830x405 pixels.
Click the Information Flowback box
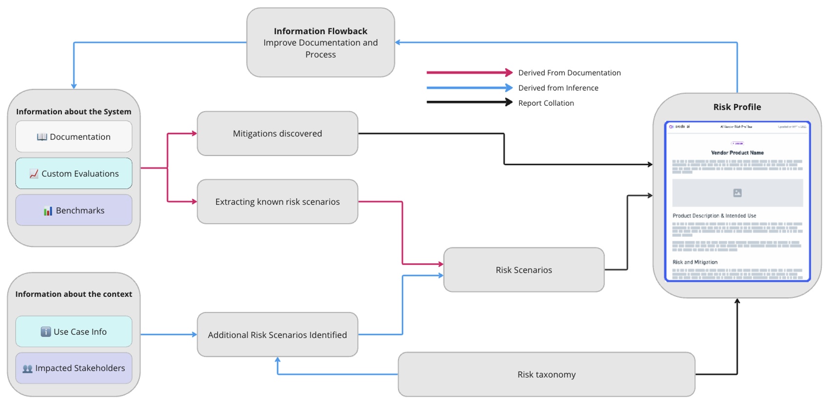(x=321, y=42)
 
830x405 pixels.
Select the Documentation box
(x=74, y=137)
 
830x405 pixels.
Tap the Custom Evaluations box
(x=74, y=174)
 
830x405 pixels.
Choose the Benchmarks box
(x=74, y=211)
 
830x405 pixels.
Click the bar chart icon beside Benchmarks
(x=48, y=211)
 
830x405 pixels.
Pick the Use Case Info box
(x=74, y=332)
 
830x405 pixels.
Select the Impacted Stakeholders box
(x=74, y=368)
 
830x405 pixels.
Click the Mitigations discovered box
(x=277, y=134)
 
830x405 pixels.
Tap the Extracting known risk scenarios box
(x=277, y=202)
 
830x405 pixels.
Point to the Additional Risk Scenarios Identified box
(x=277, y=335)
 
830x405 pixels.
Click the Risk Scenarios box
(x=524, y=270)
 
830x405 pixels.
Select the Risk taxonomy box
(x=546, y=374)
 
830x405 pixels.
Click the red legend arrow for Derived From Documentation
(x=469, y=73)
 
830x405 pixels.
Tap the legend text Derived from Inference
(x=558, y=88)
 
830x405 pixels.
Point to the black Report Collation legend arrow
(x=469, y=102)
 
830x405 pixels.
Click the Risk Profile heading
(x=737, y=107)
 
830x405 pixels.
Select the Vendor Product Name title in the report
(x=737, y=153)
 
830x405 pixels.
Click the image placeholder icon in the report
(x=737, y=193)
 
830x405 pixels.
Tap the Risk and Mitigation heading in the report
(x=695, y=262)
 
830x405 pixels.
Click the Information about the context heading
(x=74, y=294)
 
